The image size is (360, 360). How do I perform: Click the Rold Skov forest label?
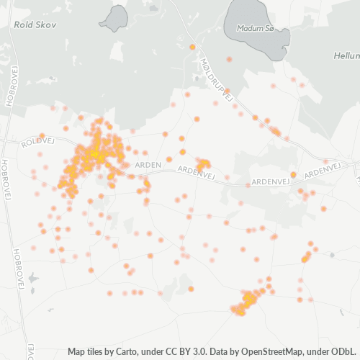[30, 24]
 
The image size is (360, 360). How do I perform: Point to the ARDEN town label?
[148, 165]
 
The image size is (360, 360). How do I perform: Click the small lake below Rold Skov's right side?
[115, 18]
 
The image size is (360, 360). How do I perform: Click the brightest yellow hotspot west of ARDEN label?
[94, 153]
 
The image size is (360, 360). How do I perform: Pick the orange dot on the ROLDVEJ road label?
[42, 135]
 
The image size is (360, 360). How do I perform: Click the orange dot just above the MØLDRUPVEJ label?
[192, 47]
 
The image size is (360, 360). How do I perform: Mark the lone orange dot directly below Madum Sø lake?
[229, 59]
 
